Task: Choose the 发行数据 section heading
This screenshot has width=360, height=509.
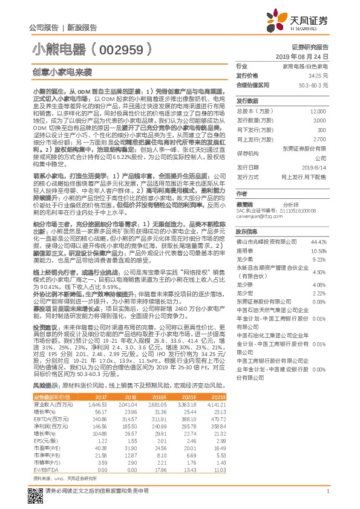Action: (247, 100)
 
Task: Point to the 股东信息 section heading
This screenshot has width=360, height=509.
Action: (247, 231)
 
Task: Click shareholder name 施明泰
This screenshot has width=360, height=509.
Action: (244, 250)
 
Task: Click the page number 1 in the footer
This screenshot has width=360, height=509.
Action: (327, 492)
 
